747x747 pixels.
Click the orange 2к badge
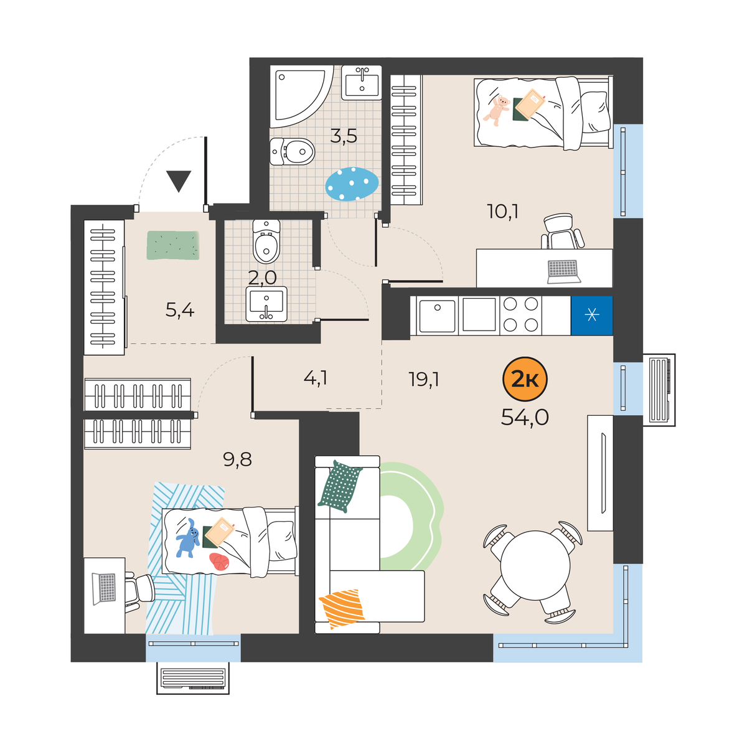525,380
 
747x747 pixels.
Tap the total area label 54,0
525,418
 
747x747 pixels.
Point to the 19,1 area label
424,379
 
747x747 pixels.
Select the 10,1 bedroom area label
503,212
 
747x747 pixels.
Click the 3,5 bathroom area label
344,136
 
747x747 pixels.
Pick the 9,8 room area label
237,460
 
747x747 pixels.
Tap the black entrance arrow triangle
179,181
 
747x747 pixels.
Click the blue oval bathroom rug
352,184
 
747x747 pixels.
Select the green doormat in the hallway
173,245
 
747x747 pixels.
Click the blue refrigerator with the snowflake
591,315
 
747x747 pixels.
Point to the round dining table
535,565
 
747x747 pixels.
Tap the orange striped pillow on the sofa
342,608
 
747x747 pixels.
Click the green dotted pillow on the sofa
340,487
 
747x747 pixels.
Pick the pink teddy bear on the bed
497,110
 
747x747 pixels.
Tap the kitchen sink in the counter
437,316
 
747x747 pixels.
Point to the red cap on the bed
219,561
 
